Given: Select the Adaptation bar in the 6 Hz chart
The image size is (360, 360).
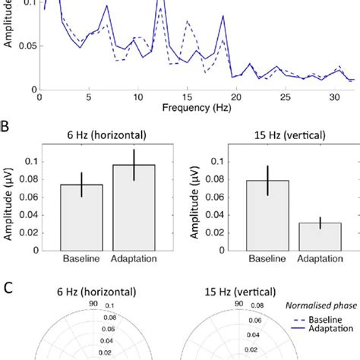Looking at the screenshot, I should (133, 208).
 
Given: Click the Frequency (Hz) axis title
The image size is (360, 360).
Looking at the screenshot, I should (196, 109).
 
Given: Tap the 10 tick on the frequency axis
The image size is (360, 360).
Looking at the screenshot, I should (137, 99).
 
